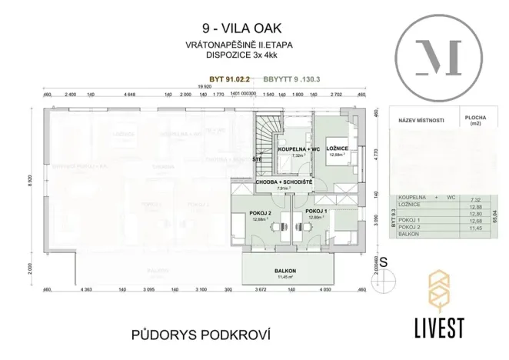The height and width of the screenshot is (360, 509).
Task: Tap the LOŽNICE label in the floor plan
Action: (x=338, y=148)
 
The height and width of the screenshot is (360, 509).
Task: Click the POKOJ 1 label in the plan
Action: (x=316, y=211)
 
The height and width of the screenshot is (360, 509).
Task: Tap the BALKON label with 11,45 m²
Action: (x=286, y=272)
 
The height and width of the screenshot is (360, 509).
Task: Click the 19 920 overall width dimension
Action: (x=203, y=88)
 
